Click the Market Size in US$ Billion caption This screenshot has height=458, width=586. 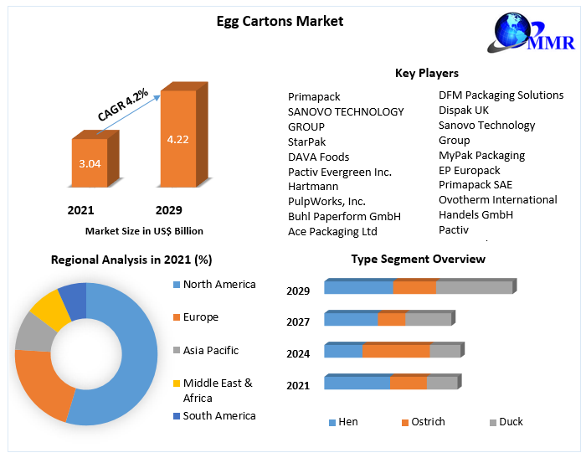coord(144,230)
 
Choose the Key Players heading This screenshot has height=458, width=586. coord(426,73)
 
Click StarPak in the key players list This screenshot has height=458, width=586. coord(307,142)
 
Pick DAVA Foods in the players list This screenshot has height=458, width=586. coord(319,157)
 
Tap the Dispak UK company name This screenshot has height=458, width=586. coord(464,110)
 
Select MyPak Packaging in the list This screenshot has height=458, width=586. coord(482,155)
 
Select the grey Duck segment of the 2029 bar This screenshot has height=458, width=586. coord(474,287)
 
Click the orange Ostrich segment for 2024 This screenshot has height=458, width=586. coord(396,351)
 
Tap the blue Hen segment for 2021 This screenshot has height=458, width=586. coord(357,383)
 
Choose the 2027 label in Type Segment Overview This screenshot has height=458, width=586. coord(298,322)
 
